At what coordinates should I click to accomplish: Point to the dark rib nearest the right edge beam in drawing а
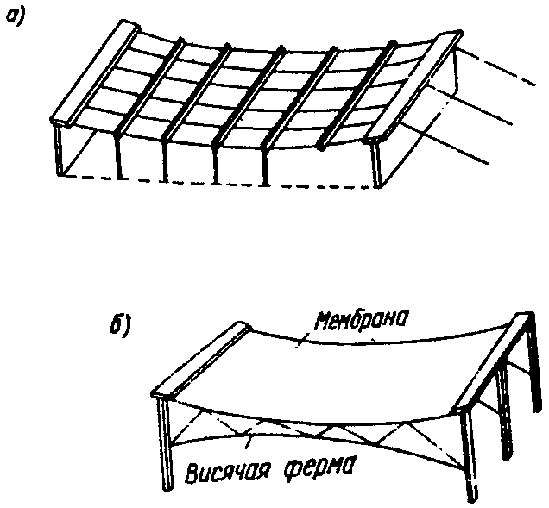[358, 95]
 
